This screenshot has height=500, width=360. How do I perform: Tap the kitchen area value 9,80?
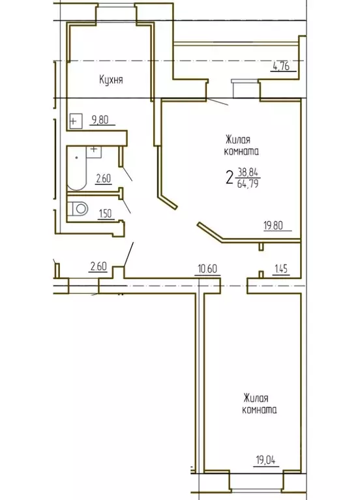pos(100,119)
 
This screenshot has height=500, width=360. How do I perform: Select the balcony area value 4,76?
pos(280,65)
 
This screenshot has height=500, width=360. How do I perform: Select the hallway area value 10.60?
pos(207,267)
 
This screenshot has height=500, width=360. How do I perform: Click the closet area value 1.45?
pos(281,267)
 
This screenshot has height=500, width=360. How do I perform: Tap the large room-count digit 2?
pos(230,177)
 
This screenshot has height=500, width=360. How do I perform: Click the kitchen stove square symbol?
pos(76,121)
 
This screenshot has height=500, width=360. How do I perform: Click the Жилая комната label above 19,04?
pos(260,404)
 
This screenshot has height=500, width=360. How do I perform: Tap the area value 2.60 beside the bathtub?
pos(104,179)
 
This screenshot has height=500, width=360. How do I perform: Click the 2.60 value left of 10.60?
pos(98,266)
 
